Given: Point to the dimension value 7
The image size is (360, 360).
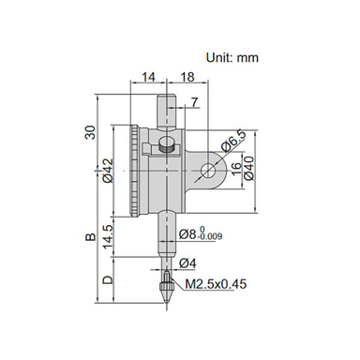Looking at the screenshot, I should click(193, 100).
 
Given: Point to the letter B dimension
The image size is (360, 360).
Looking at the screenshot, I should click(91, 239).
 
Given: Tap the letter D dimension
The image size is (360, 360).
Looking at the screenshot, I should click(110, 280).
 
